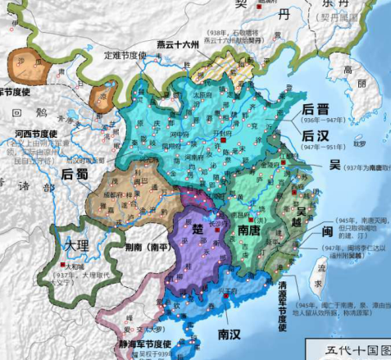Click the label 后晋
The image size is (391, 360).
pos(315,108)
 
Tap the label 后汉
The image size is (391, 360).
pos(315,135)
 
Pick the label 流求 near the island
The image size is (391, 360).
pos(331,270)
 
